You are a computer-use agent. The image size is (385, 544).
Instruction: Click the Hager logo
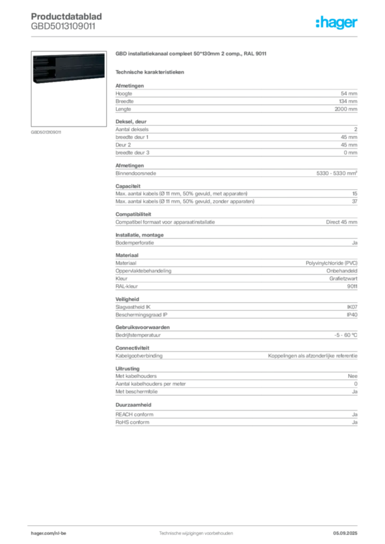[x=337, y=22]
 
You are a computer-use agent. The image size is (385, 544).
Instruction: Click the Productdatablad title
[x=66, y=16]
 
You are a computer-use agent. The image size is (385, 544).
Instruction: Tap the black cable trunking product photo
[x=69, y=68]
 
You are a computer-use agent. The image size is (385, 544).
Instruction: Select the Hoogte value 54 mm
[x=349, y=93]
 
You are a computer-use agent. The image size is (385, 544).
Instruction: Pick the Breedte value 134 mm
[x=348, y=101]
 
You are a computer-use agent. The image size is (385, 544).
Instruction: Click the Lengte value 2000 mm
[x=346, y=109]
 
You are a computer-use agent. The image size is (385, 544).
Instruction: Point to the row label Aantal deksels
[x=132, y=130]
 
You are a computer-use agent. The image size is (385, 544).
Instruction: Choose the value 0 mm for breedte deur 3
[x=350, y=152]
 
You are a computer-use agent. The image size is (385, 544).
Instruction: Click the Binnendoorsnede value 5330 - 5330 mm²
[x=337, y=173]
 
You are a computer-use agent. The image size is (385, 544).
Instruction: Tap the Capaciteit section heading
[x=128, y=186]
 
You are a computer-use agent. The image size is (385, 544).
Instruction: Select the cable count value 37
[x=355, y=201]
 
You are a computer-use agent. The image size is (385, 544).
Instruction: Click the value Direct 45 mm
[x=341, y=222]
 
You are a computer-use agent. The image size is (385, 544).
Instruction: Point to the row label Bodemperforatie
[x=135, y=243]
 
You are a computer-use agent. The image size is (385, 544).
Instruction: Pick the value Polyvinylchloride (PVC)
[x=331, y=263]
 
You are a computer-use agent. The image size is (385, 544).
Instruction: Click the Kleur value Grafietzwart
[x=344, y=278]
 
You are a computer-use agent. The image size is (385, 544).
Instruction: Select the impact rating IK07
[x=352, y=307]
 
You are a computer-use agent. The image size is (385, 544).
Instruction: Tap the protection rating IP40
[x=352, y=314]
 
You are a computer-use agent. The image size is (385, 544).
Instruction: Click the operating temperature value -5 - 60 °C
[x=346, y=335]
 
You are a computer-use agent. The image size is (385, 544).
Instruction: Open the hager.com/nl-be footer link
[x=48, y=533]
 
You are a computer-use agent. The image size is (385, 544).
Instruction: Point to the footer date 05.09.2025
[x=345, y=533]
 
